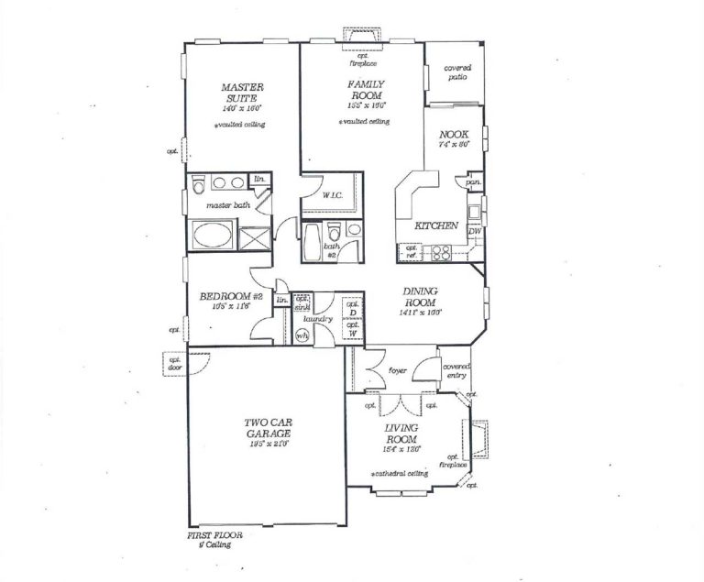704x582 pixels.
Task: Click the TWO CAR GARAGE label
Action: (268, 428)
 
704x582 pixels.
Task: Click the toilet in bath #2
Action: (335, 228)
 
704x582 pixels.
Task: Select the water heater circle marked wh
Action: (302, 336)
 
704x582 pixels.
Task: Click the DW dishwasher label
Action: (474, 232)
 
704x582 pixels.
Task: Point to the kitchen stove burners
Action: (438, 249)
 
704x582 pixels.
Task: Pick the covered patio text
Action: (456, 72)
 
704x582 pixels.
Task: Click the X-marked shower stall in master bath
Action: (252, 237)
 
